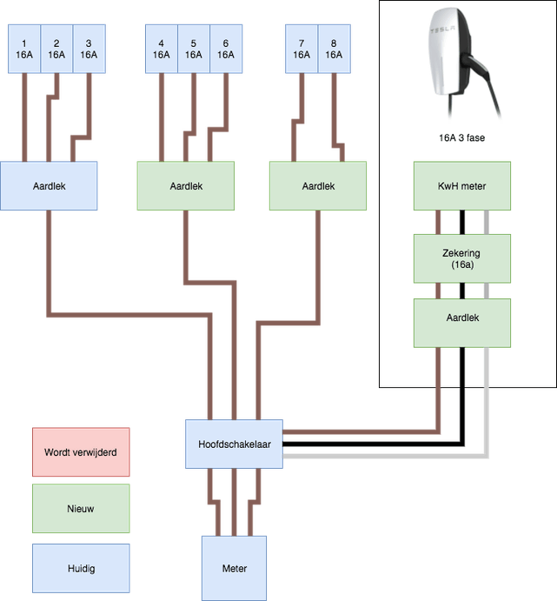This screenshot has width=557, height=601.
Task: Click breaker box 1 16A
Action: pyautogui.click(x=24, y=49)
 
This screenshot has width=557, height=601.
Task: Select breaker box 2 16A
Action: pyautogui.click(x=56, y=49)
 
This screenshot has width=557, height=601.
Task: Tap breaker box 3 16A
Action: pyautogui.click(x=88, y=49)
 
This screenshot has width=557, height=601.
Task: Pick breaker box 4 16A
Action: pyautogui.click(x=162, y=49)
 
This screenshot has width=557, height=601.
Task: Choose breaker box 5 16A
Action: pyautogui.click(x=194, y=49)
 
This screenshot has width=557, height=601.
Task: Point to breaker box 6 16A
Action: pyautogui.click(x=225, y=49)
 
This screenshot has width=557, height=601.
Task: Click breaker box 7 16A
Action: pyautogui.click(x=302, y=49)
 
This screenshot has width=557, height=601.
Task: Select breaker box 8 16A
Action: pyautogui.click(x=334, y=49)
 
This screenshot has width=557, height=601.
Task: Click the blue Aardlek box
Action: pyautogui.click(x=49, y=185)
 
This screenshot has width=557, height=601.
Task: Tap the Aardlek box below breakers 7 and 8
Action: pyautogui.click(x=318, y=185)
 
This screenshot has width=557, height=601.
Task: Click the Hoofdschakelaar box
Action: pyautogui.click(x=234, y=444)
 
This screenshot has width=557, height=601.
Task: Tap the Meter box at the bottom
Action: pyautogui.click(x=234, y=568)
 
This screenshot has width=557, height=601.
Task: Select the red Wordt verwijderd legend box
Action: pyautogui.click(x=81, y=452)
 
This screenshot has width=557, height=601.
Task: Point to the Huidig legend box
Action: pyautogui.click(x=81, y=568)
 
